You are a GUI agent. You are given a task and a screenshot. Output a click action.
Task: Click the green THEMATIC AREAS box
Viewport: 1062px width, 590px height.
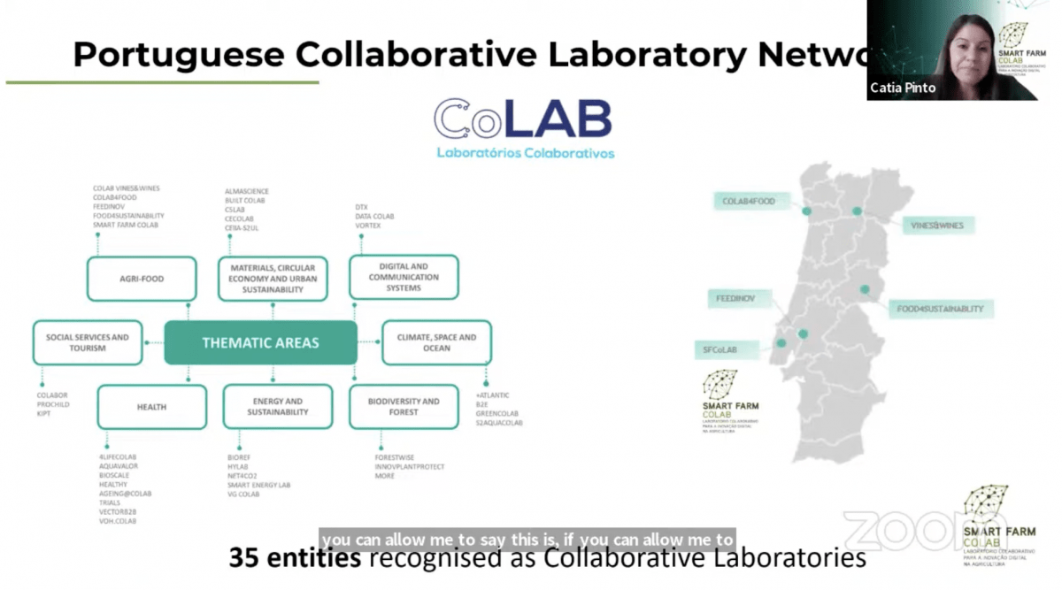260,342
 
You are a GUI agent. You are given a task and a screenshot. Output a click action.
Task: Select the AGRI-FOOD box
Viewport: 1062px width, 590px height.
141,279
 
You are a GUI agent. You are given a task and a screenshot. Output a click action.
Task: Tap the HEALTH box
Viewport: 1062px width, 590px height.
151,407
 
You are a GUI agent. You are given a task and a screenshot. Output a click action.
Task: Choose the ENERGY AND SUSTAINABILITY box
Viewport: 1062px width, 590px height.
277,407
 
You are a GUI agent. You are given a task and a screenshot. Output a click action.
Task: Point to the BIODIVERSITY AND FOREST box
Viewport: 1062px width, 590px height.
404,407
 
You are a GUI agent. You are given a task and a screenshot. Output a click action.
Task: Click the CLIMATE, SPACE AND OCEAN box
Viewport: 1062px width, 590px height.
436,342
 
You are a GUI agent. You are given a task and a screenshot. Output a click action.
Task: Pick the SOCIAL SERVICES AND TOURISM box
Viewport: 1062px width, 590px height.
87,342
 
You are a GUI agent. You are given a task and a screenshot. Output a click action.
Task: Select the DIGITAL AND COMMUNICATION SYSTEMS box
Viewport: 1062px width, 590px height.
404,277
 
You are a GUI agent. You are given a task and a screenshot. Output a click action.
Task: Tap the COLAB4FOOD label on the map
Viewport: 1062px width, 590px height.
748,202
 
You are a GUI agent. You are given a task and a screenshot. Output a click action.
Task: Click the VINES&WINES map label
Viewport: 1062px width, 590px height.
937,226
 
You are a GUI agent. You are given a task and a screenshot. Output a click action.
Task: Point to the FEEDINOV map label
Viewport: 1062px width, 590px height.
735,299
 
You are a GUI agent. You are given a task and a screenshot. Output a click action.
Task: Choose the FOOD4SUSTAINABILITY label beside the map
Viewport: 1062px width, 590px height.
940,309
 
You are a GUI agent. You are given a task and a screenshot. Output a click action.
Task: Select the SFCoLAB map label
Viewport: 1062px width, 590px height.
720,349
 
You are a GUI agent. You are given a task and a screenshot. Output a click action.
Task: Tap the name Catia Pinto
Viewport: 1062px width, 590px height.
903,88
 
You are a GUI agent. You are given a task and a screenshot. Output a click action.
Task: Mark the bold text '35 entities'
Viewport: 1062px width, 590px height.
295,558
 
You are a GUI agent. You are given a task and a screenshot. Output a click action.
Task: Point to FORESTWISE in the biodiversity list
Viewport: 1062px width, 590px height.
395,457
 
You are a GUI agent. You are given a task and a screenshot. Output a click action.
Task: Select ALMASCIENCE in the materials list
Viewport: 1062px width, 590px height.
247,191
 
